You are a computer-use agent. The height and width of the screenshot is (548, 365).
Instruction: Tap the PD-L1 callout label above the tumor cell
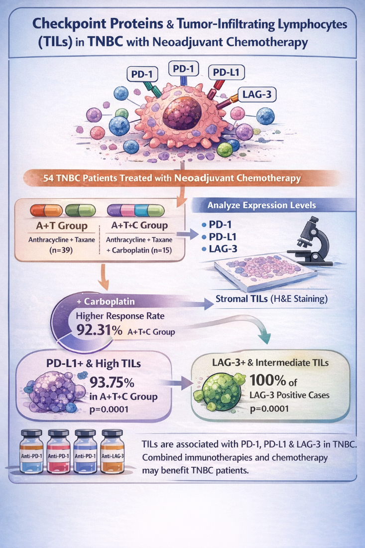(x=226, y=73)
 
